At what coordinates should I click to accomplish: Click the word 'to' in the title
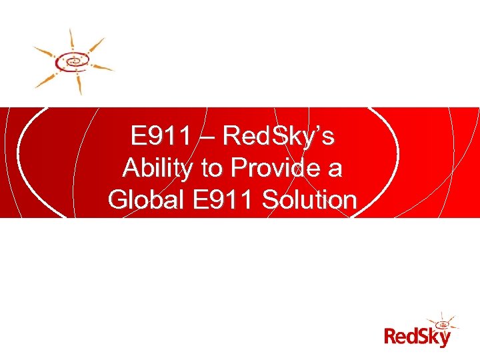[211, 169]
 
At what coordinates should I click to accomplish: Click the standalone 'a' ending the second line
[334, 169]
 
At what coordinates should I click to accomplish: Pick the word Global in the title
[146, 199]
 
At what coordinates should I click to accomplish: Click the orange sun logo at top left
[73, 61]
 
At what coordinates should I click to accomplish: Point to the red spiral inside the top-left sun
[72, 61]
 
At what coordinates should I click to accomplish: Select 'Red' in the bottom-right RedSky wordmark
[402, 337]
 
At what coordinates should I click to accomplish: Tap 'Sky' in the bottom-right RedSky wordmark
[435, 338]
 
